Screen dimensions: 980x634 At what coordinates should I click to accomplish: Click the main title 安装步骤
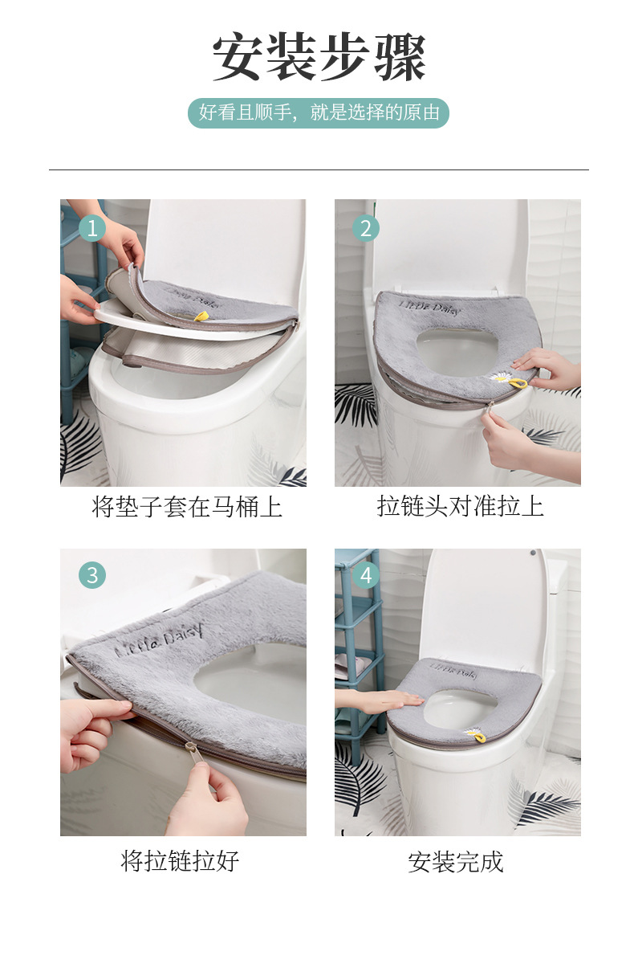pos(319,58)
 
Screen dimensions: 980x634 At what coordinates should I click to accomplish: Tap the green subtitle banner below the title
pos(319,113)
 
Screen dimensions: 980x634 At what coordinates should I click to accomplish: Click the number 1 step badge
pos(92,229)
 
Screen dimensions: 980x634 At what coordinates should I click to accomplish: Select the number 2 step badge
pos(366,229)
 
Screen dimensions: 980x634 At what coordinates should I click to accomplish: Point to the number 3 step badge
pos(92,575)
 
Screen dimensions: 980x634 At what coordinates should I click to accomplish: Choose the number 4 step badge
pos(366,575)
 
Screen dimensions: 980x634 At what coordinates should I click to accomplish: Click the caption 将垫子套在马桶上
pos(187,507)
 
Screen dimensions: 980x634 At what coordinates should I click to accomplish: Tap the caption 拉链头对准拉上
pos(460,506)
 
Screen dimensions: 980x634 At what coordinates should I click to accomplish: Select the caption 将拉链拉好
pos(181,861)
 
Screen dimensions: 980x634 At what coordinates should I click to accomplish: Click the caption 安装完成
pos(455,862)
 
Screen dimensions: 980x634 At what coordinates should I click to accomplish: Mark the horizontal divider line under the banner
pos(319,169)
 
